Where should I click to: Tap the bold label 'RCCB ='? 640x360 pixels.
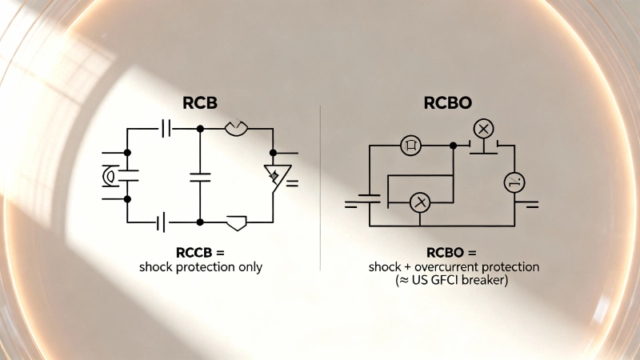pyautogui.click(x=200, y=253)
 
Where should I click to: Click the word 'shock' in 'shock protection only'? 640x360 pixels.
pyautogui.click(x=156, y=267)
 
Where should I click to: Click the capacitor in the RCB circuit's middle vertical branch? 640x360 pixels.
pyautogui.click(x=200, y=175)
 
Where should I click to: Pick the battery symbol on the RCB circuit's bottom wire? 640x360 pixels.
pyautogui.click(x=162, y=222)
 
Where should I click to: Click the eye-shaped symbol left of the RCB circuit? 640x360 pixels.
pyautogui.click(x=110, y=176)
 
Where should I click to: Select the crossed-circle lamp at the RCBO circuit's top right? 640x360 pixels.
pyautogui.click(x=482, y=128)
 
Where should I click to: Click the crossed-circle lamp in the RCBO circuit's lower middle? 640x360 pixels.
pyautogui.click(x=420, y=203)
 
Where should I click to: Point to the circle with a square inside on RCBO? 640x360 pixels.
pyautogui.click(x=410, y=146)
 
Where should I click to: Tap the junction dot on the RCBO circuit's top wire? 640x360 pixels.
pyautogui.click(x=454, y=146)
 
